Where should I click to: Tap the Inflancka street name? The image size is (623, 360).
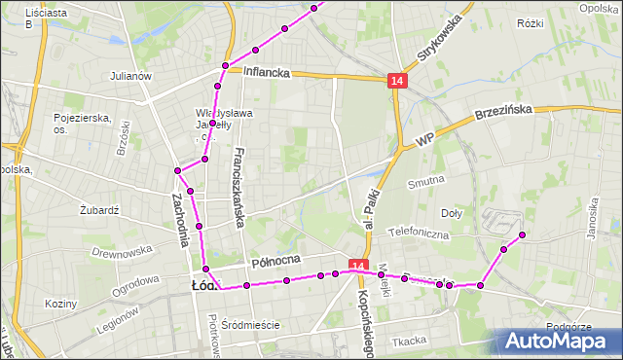[x=267, y=71]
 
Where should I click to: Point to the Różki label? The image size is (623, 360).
[x=558, y=22]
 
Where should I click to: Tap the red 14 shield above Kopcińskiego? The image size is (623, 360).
[x=357, y=266]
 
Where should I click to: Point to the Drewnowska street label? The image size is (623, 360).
[x=117, y=252]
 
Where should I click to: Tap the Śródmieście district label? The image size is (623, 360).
[x=250, y=325]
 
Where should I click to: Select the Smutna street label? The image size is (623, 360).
[x=426, y=179]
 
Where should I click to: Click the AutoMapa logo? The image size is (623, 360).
[x=559, y=342]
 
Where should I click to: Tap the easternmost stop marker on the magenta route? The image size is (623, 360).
[x=523, y=234]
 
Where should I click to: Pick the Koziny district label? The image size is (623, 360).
[x=60, y=304]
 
